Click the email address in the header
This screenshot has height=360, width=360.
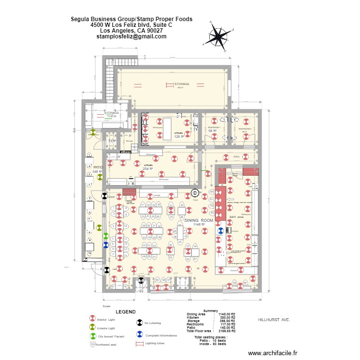132,36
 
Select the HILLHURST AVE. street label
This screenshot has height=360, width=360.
274,319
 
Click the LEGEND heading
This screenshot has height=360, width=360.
125,312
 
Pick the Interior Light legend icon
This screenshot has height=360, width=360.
93,319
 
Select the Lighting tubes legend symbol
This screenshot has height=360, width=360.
140,344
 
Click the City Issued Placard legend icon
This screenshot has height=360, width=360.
93,336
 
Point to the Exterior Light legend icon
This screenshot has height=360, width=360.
93,328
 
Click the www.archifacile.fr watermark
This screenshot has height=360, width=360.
273,353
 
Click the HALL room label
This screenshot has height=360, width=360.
237,156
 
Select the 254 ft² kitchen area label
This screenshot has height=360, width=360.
147,169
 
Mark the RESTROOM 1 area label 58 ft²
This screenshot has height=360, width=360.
212,131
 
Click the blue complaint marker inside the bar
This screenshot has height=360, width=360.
220,230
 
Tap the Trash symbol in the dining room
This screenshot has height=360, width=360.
195,193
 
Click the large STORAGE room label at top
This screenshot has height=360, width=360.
181,84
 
